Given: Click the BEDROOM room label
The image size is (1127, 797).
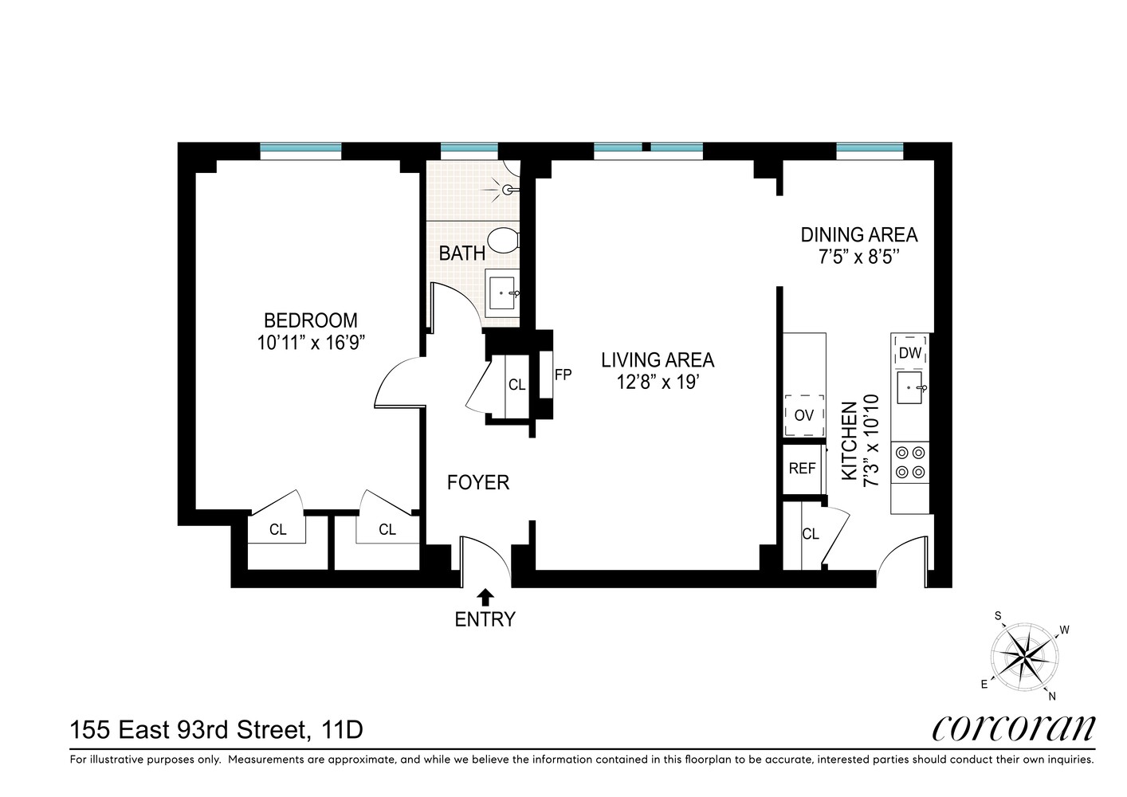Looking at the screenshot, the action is (310, 320).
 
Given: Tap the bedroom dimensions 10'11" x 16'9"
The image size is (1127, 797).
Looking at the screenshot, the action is (310, 344).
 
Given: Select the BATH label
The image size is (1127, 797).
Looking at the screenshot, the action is (461, 253).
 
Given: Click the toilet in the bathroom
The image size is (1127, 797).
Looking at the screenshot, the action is (503, 241).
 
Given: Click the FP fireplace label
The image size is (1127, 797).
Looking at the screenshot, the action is (563, 375).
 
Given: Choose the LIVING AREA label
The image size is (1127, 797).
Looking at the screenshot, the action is (658, 359).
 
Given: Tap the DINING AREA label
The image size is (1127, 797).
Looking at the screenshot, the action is (859, 235).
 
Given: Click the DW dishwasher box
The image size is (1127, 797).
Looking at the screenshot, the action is (909, 353).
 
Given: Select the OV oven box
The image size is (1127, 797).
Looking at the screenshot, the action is (804, 415).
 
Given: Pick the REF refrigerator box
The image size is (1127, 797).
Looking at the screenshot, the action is (803, 469).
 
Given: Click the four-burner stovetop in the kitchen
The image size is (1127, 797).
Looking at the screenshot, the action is (910, 462).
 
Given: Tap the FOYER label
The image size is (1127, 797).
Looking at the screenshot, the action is (478, 482).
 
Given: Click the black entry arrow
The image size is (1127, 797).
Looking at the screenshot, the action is (485, 597).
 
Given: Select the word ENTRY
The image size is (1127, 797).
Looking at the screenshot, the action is (485, 619).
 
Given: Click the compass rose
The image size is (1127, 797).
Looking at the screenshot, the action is (1024, 657).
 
